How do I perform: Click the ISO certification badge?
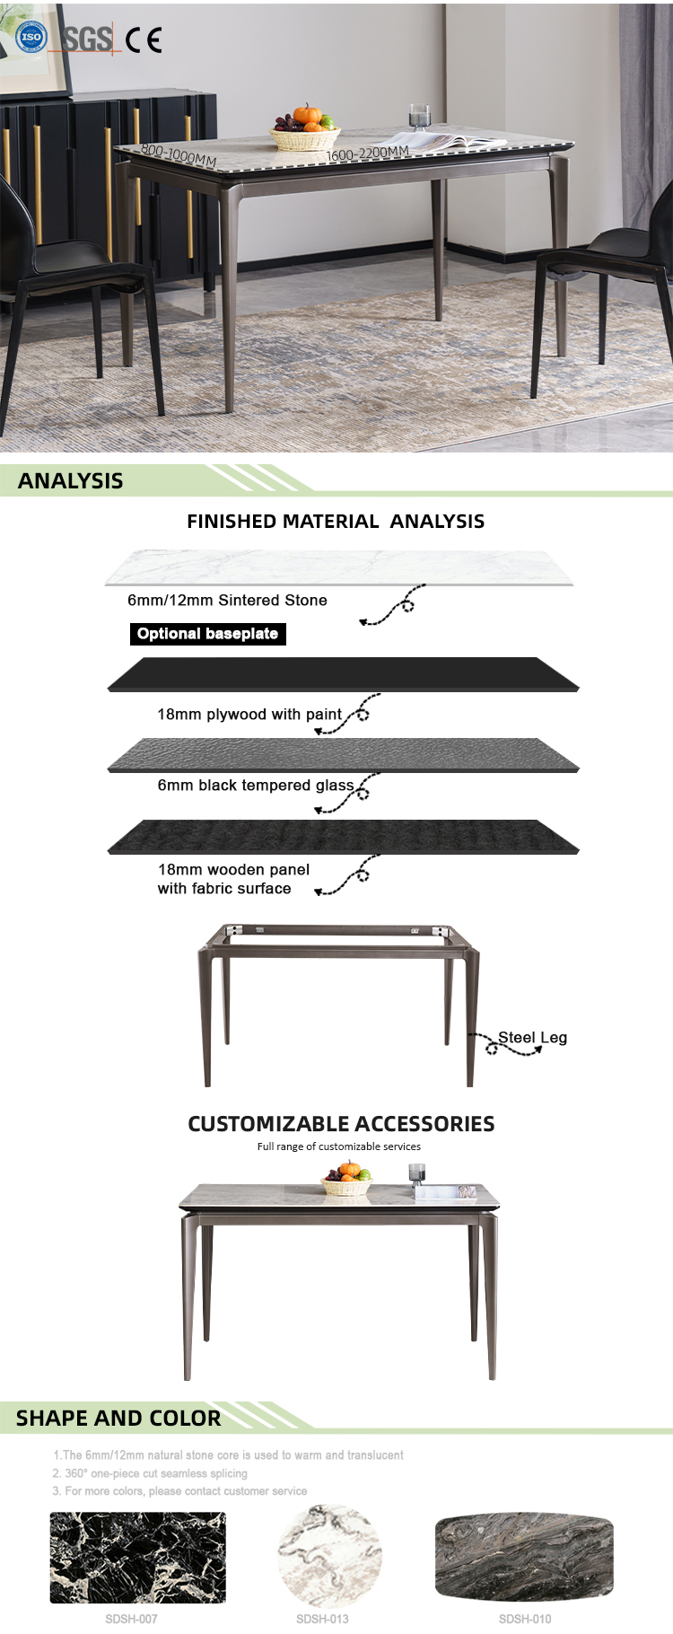[x=31, y=38]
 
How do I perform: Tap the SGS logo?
[x=87, y=39]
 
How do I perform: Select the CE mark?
[x=144, y=40]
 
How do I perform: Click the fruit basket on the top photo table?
[x=304, y=130]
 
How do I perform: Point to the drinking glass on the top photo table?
[x=419, y=119]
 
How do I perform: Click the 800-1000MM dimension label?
[x=179, y=155]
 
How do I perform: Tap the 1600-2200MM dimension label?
[x=367, y=154]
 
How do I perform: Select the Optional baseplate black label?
[x=207, y=634]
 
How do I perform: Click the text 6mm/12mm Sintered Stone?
[x=227, y=600]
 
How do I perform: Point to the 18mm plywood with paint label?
[x=249, y=715]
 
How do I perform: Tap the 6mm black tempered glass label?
[x=256, y=786]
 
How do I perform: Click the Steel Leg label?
[x=532, y=1038]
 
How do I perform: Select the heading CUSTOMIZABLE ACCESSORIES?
[x=341, y=1124]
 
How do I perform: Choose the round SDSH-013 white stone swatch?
[x=329, y=1557]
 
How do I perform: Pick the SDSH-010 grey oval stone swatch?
[x=524, y=1556]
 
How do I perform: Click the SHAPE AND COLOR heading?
[x=118, y=1419]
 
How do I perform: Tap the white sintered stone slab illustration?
[x=339, y=567]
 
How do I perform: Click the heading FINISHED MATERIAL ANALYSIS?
[x=336, y=522]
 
